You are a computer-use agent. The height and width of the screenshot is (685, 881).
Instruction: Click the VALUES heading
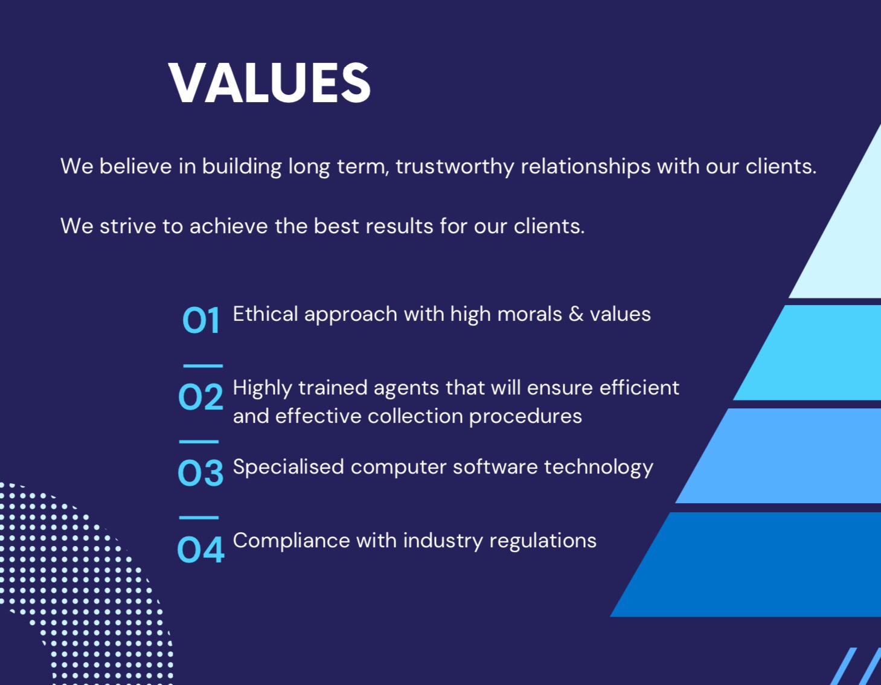269,83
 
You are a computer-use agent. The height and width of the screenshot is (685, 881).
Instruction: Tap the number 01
200,320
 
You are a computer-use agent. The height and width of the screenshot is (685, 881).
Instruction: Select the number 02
200,397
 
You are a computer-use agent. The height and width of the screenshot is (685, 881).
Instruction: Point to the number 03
200,472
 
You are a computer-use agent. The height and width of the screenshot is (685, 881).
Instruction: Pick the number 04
200,548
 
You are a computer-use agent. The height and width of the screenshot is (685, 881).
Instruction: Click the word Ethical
265,314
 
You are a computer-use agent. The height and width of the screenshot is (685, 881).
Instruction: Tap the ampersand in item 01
575,314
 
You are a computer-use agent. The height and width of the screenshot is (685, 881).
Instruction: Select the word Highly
262,388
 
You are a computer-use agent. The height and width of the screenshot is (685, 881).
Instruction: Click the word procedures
525,417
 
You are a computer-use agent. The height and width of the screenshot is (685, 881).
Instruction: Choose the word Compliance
291,541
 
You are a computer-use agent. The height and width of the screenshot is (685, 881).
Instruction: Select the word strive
127,226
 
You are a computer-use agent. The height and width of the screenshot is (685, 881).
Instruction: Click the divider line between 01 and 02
203,366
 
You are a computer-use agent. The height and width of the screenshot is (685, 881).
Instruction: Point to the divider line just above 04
199,518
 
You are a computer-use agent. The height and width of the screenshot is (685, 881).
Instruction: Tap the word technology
598,467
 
